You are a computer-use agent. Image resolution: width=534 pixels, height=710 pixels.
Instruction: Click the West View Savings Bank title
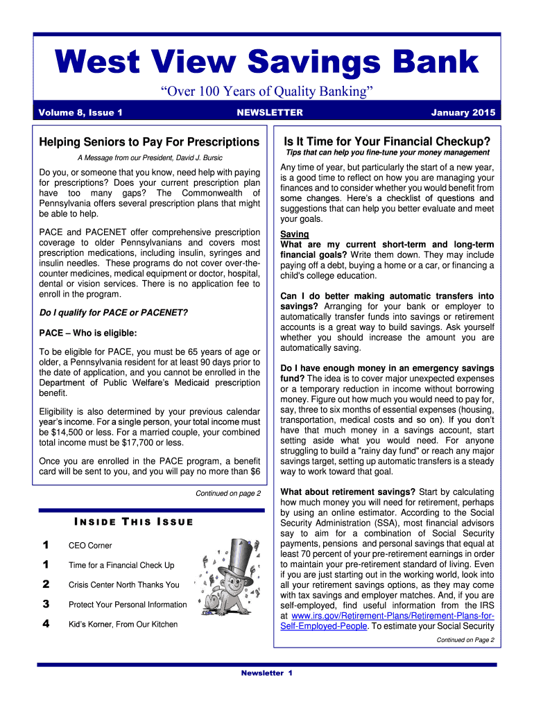(267, 63)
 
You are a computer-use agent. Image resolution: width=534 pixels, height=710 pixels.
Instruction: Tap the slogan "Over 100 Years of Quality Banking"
(267, 92)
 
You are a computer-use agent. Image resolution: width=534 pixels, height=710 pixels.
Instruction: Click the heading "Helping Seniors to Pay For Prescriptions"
(149, 142)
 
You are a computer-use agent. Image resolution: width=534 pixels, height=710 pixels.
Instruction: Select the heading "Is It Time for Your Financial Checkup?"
(387, 141)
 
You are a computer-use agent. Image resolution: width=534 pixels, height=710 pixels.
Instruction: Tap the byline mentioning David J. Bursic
(150, 157)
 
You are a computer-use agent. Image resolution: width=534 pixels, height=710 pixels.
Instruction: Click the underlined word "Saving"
(295, 234)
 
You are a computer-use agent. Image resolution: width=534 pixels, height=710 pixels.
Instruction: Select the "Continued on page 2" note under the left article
(228, 494)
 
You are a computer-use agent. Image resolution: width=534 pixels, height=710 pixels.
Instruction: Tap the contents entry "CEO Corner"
(90, 546)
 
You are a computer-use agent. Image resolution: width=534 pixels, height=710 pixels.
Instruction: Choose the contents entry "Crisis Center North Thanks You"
(123, 585)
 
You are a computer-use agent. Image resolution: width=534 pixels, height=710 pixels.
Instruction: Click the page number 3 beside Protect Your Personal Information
(46, 604)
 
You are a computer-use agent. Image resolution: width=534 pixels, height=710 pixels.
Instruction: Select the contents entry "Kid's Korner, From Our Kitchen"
(123, 624)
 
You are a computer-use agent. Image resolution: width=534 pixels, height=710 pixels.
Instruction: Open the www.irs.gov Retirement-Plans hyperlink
(387, 620)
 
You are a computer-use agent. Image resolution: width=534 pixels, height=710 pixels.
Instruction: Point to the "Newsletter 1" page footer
(267, 673)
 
